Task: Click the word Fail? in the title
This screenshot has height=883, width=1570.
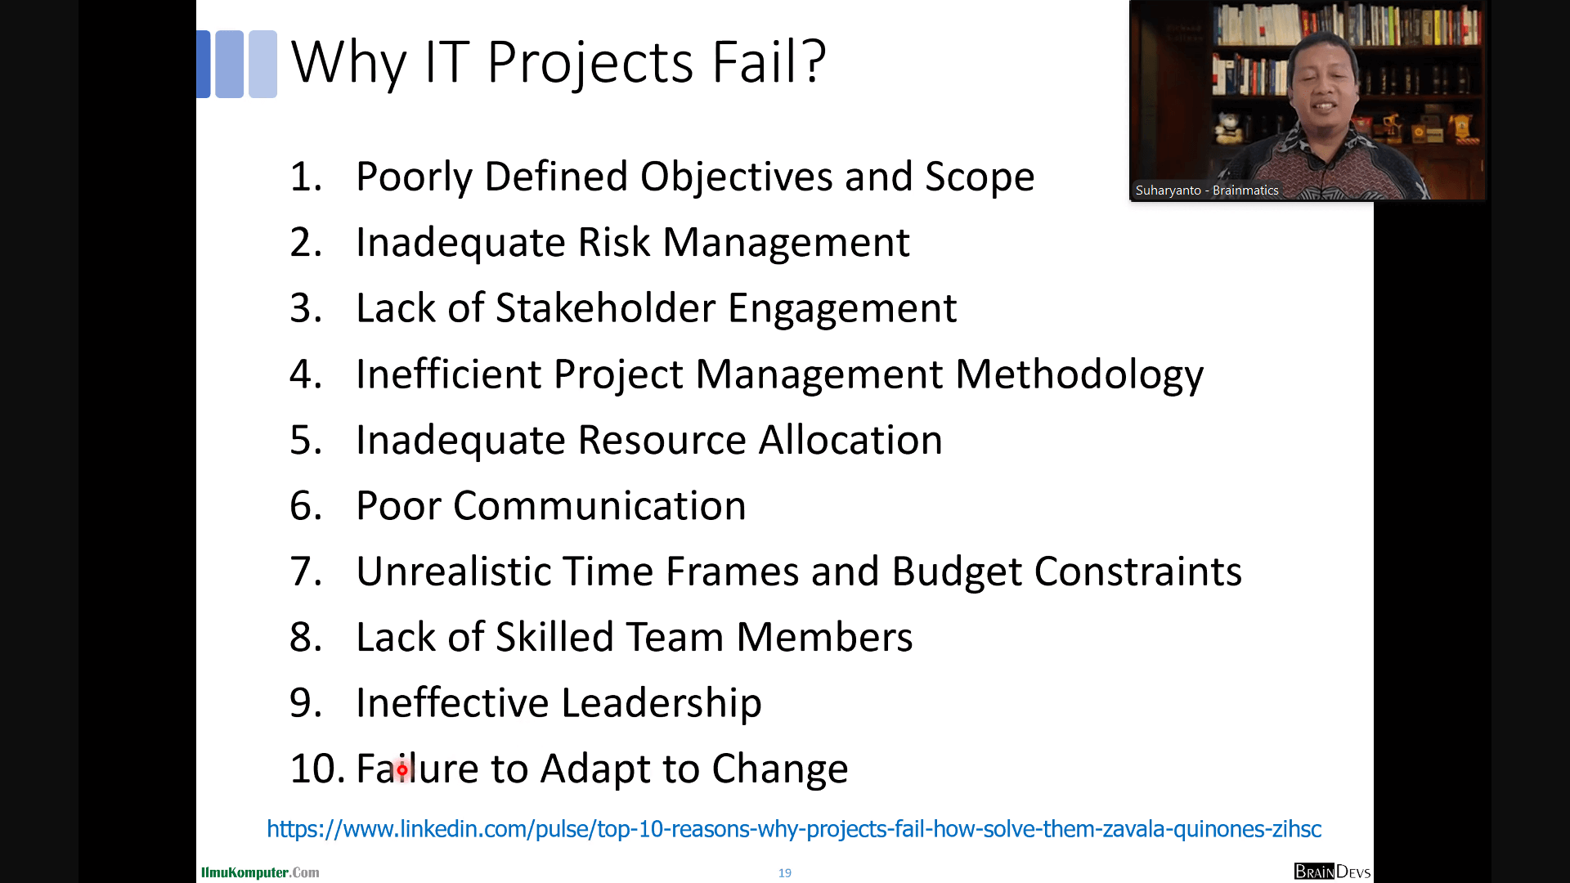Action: (769, 62)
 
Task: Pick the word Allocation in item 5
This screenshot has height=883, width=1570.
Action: (850, 440)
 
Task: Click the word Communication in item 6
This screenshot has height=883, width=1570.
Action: (599, 506)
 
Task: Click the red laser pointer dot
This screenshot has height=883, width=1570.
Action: (401, 769)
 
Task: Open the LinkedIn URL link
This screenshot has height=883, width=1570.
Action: (794, 829)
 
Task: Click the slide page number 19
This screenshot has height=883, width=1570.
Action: (785, 873)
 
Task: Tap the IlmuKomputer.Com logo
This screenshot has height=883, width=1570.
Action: (260, 872)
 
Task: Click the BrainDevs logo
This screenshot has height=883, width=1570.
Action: (1332, 872)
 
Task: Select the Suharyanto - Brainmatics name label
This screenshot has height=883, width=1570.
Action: (1207, 190)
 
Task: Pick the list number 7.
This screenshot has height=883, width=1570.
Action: (306, 571)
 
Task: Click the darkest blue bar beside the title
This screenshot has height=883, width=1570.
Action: (204, 64)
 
